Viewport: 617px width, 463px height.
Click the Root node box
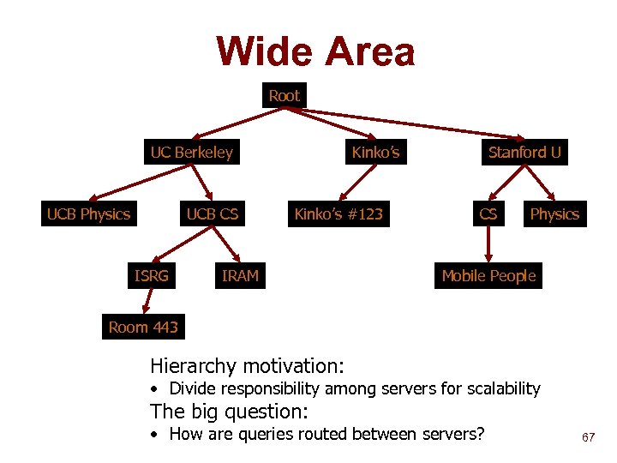point(284,95)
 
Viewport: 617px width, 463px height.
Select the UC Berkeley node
point(191,153)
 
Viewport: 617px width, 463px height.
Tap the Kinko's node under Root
point(375,153)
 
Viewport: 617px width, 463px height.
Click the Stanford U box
point(524,153)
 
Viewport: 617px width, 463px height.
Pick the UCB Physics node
point(88,213)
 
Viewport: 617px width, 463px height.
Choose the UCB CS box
point(213,213)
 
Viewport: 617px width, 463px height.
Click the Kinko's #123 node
point(338,213)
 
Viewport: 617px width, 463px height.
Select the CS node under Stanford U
point(488,213)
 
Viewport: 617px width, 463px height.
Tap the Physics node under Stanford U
point(554,213)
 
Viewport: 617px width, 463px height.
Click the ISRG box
point(152,275)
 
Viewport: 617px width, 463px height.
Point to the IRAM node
point(240,275)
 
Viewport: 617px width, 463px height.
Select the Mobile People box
point(488,275)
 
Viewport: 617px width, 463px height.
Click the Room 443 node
point(143,327)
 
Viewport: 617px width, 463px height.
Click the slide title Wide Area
point(315,51)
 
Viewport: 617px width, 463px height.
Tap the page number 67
point(588,437)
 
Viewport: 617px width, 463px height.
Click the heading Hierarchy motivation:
point(247,366)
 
